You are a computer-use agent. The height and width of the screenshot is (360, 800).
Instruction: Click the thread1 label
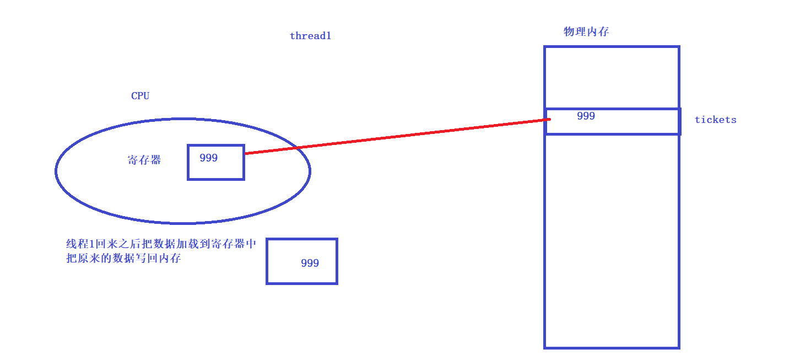pyautogui.click(x=310, y=36)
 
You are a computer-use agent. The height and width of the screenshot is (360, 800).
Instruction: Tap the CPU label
pyautogui.click(x=140, y=96)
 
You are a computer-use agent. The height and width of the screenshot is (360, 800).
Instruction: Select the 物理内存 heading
pyautogui.click(x=586, y=31)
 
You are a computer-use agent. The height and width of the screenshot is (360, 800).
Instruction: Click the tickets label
pyautogui.click(x=715, y=120)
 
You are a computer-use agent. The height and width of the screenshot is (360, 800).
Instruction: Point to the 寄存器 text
pyautogui.click(x=144, y=160)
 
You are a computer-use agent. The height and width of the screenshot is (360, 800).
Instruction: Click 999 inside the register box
pyautogui.click(x=209, y=158)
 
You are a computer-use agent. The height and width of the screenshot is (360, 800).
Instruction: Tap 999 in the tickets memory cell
pyautogui.click(x=586, y=116)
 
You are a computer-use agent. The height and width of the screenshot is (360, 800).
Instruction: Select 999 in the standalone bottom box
pyautogui.click(x=310, y=264)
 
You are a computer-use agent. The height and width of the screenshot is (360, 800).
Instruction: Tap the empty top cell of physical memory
pyautogui.click(x=612, y=77)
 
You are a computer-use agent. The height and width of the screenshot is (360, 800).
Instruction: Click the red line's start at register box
pyautogui.click(x=246, y=153)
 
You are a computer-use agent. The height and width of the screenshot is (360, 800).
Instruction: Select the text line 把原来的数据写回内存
pyautogui.click(x=123, y=258)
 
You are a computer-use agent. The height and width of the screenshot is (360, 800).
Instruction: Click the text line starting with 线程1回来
pyautogui.click(x=161, y=244)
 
